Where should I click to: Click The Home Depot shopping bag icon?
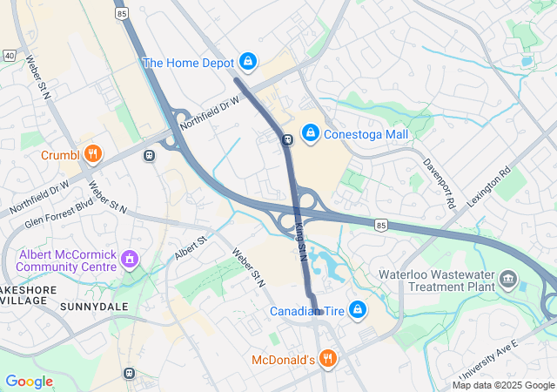click(248, 61)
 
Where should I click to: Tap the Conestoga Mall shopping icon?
click(309, 133)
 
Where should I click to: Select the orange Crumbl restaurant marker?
click(93, 155)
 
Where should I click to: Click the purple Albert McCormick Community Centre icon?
click(131, 259)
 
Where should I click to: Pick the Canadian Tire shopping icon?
click(357, 309)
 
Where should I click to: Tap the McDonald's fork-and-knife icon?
click(327, 358)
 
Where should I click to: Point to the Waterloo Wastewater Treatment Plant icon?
click(509, 280)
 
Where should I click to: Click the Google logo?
click(29, 382)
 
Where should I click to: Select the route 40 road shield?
click(9, 55)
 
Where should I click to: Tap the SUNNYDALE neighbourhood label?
click(94, 307)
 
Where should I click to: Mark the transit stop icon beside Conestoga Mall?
click(286, 139)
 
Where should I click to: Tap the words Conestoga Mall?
click(366, 134)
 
